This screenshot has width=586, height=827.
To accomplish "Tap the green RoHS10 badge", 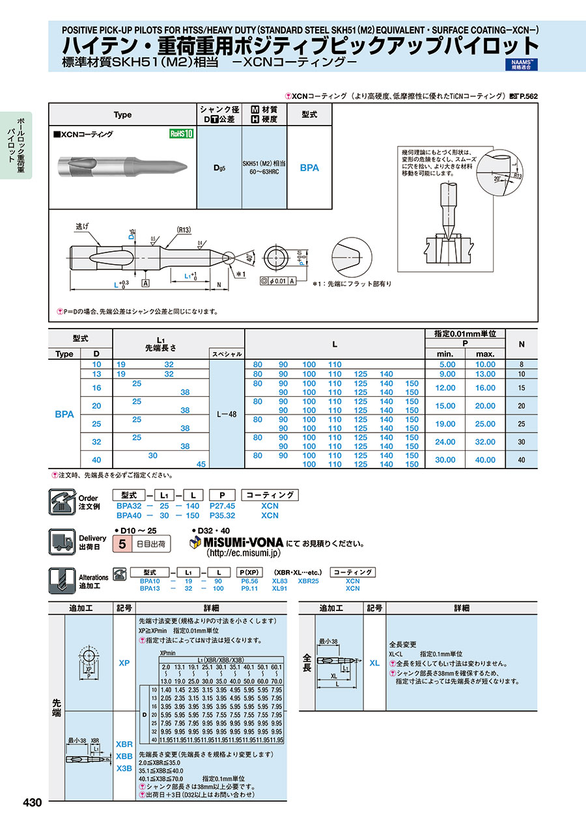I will click(182, 134).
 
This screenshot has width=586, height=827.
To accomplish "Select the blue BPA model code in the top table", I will click(309, 167).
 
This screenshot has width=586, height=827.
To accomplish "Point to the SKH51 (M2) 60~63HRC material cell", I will click(264, 167).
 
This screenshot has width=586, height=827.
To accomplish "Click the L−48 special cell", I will click(227, 414).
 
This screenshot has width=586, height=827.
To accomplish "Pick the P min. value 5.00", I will click(447, 364).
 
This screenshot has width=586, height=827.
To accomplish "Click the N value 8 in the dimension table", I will click(522, 364).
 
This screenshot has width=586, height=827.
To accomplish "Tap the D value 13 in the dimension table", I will click(97, 374).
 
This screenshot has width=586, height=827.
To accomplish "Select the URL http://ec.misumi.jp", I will click(243, 553).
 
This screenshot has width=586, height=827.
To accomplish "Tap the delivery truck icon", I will click(62, 541).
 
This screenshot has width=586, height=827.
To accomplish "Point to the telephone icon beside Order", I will click(62, 502).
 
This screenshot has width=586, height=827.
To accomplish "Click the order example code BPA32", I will click(128, 506).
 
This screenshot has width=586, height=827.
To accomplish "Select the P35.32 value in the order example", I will click(222, 515).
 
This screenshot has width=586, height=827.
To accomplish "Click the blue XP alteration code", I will click(124, 662).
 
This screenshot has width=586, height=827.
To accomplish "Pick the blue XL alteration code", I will click(374, 662).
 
